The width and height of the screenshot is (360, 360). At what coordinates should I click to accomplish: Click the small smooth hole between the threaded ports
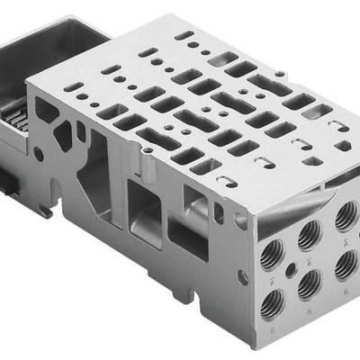point(290,266)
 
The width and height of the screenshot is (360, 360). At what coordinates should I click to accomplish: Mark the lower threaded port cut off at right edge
point(346,264)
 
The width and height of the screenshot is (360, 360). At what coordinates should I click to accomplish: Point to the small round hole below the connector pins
point(38,154)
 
